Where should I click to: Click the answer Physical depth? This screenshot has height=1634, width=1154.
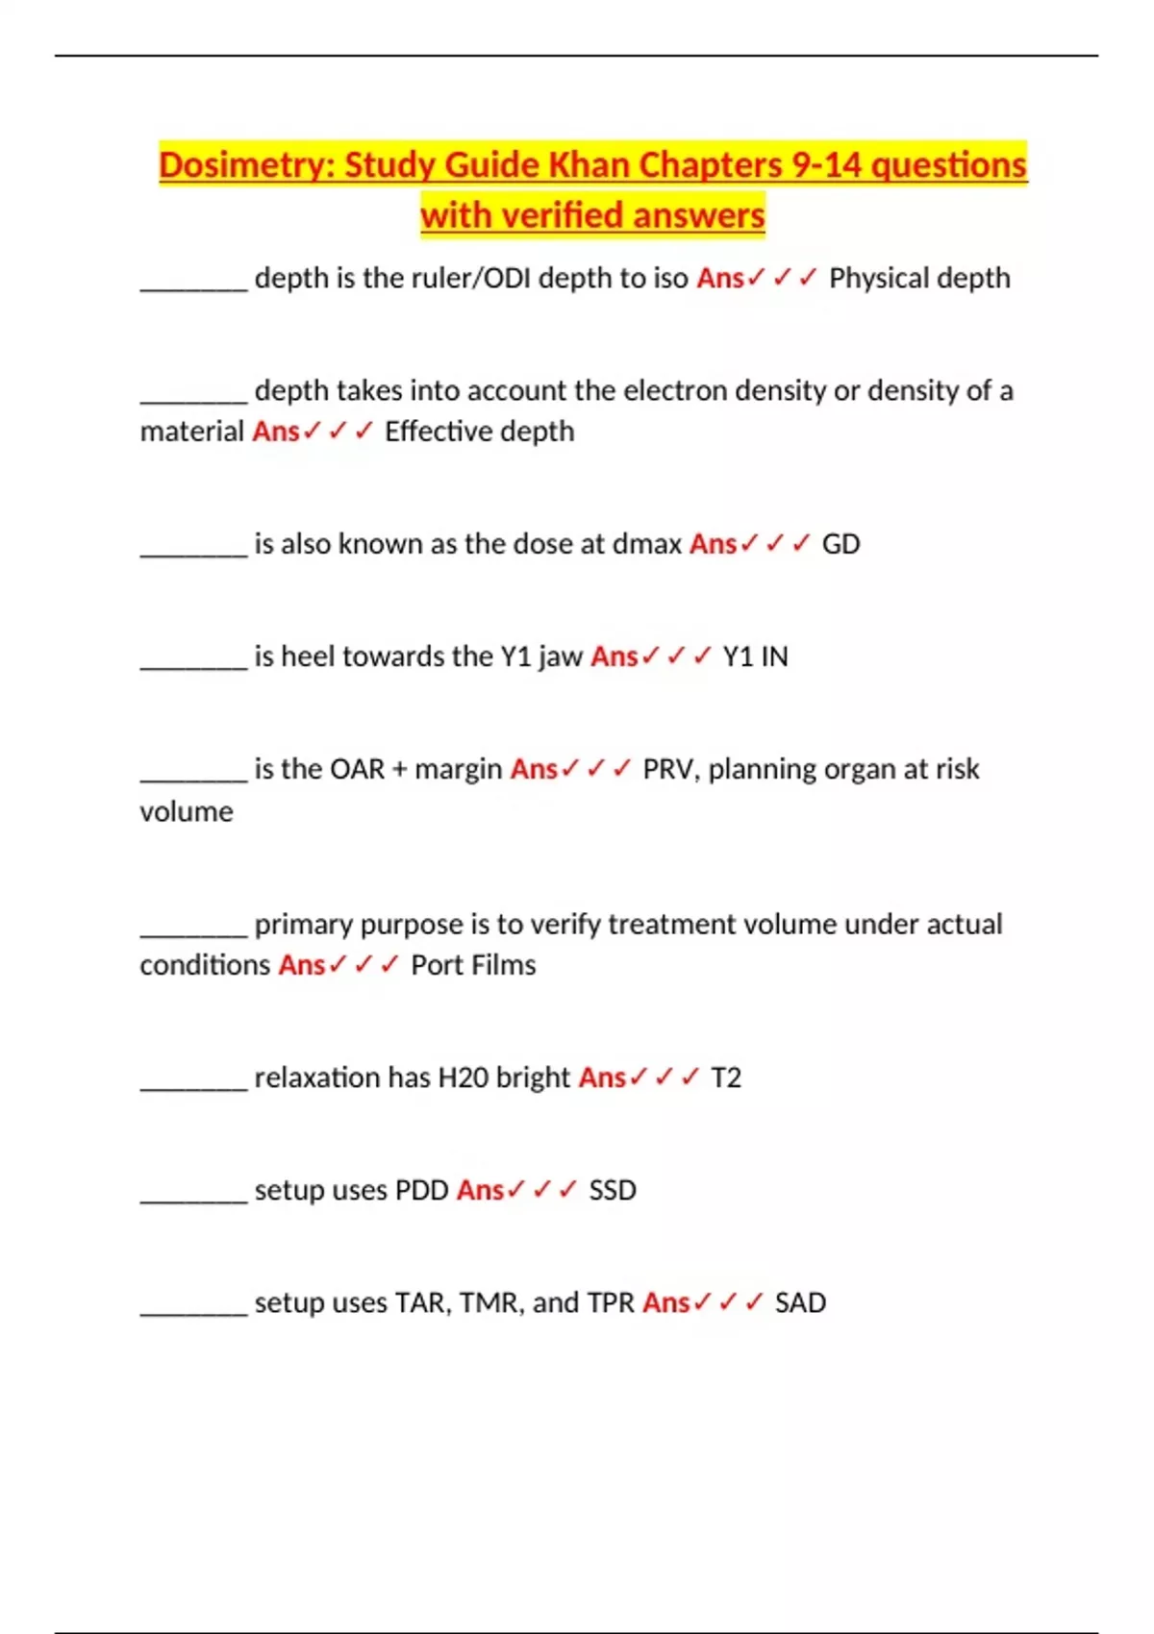point(919,278)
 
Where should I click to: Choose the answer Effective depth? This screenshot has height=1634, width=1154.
point(479,431)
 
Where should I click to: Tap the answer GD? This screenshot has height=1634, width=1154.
point(840,544)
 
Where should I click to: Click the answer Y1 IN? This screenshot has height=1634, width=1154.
point(755,656)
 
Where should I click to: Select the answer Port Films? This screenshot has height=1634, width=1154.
point(473,965)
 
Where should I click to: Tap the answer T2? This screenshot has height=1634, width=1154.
point(726,1077)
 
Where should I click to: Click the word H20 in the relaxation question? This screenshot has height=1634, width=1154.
point(464,1077)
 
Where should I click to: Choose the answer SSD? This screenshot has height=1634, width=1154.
point(613,1190)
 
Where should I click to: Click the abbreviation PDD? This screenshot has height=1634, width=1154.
point(422,1190)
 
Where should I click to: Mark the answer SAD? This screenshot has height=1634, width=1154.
point(800,1302)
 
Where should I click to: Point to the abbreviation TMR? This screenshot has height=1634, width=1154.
point(490,1302)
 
